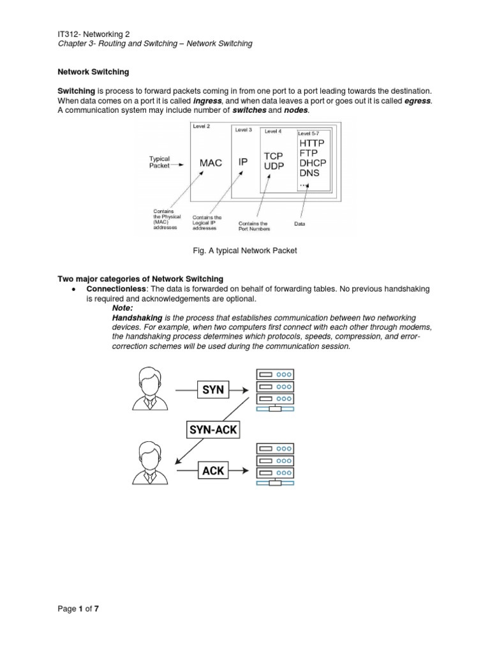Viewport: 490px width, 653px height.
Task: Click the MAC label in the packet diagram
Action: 211,163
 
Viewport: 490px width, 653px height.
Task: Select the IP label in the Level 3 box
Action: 243,163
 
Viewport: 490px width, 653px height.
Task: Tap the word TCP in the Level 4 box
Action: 273,156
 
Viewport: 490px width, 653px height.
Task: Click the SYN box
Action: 212,389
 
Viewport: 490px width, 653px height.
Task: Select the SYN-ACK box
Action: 213,429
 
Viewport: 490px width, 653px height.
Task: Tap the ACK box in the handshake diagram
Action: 213,471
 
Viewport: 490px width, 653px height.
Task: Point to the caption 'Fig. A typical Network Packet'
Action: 245,251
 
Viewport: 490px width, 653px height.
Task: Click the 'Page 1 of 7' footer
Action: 78,608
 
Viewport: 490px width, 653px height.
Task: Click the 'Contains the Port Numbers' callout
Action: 253,226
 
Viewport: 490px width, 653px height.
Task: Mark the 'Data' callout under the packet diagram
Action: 299,224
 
